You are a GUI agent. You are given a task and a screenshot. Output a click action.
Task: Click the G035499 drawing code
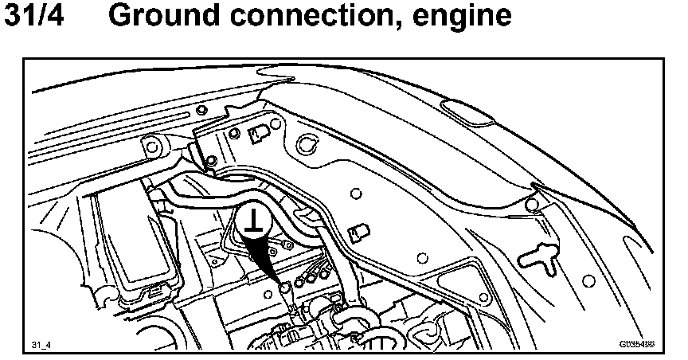[636, 345]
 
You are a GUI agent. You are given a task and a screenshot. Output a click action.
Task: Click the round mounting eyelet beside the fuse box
[151, 145]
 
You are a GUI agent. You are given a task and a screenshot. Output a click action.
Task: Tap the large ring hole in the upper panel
[303, 144]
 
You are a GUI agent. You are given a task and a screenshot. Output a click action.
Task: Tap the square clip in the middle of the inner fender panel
[359, 232]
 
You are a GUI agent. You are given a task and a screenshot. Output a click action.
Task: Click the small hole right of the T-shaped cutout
[588, 280]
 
